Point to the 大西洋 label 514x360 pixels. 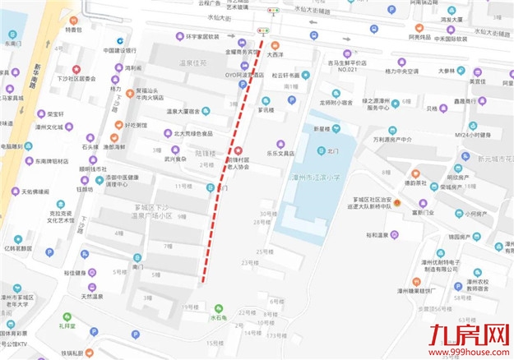275,54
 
